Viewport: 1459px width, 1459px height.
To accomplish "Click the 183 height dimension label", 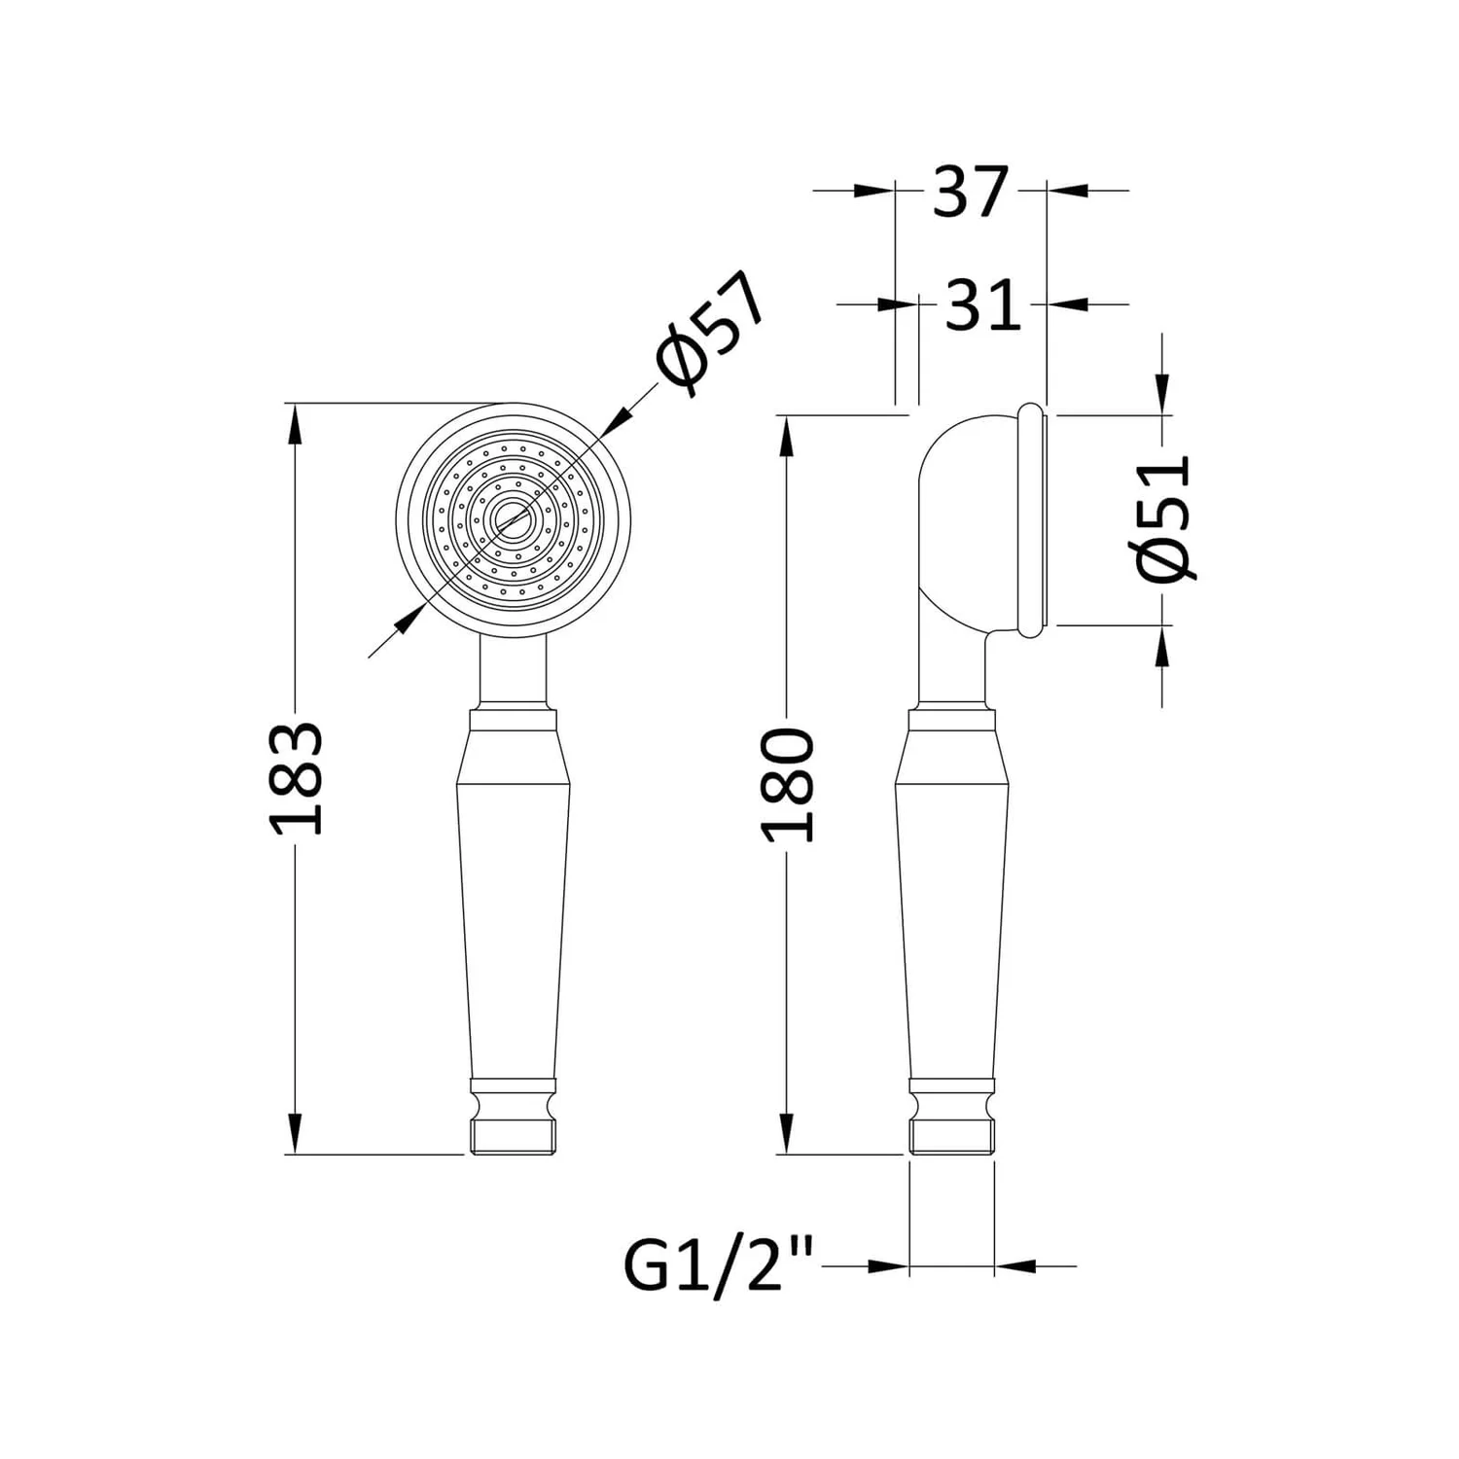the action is pos(296,778).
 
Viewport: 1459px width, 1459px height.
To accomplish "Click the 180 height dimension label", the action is pos(787,785).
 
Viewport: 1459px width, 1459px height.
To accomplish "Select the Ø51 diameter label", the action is pos(1164,516).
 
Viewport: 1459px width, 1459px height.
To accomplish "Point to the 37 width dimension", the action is pos(968,191).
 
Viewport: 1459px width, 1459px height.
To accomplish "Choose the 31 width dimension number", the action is pos(983,304).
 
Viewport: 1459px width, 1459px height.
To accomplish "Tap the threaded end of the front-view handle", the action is pos(513,1136).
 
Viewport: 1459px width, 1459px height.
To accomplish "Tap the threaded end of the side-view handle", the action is pos(952,1136).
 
